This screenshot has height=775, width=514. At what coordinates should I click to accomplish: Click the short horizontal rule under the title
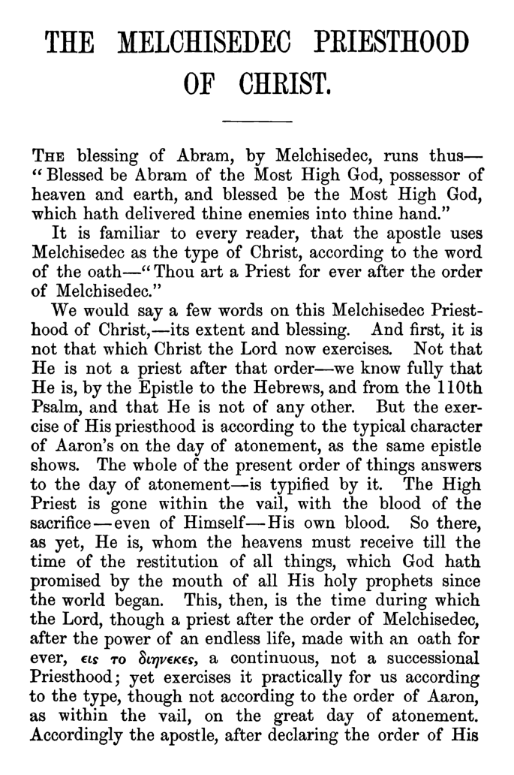pos(257,121)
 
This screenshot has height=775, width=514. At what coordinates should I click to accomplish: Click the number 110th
pos(455,388)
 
